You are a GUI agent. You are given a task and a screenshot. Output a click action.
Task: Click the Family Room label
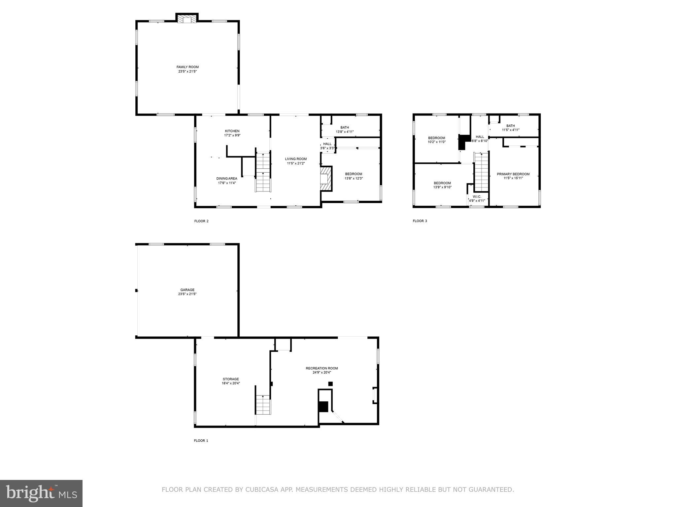coord(187,67)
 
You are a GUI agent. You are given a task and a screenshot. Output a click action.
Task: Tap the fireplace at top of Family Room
coord(187,19)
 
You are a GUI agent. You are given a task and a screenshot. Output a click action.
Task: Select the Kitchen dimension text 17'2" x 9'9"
coord(232,135)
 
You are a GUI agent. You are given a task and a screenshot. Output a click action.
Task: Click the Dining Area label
coord(227,179)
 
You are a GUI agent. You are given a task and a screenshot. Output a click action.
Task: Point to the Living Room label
coord(296,159)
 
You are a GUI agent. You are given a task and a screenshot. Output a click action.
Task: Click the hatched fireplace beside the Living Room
coord(325,179)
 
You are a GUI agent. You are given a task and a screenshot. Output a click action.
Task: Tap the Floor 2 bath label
coord(345,127)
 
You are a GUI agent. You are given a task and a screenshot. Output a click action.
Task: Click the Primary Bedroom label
coord(513,174)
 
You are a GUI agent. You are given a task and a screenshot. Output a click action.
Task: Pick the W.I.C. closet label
coord(477,196)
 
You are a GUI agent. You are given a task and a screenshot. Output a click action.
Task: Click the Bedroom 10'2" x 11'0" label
coord(437,138)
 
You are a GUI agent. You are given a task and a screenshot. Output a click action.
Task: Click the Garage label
coord(187,290)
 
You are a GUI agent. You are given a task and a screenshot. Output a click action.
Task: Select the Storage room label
coord(231,379)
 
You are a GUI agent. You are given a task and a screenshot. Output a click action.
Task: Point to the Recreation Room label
coord(321,368)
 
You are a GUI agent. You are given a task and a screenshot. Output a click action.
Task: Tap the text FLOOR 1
coord(201,441)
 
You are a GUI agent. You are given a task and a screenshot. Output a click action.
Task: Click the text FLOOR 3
coord(420,221)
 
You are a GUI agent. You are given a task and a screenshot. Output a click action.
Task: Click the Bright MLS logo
coord(41,493)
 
